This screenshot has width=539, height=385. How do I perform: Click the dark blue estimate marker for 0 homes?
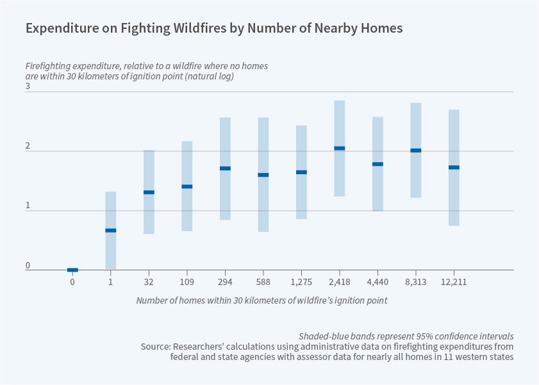tap(72, 270)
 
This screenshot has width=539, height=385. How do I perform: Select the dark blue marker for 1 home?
tap(111, 230)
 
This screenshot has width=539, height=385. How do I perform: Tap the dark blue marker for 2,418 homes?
tap(340, 148)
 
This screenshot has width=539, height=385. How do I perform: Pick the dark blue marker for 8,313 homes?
tap(416, 151)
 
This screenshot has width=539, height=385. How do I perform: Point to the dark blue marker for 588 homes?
tap(263, 175)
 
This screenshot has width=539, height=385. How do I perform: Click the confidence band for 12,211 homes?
tap(454, 192)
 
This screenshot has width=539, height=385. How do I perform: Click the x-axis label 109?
tap(187, 282)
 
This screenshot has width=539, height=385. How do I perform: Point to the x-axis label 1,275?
tap(301, 282)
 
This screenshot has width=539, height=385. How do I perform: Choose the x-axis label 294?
tap(225, 282)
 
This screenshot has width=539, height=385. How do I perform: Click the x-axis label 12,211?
tap(454, 282)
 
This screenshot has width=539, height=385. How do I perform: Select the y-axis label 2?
tap(28, 145)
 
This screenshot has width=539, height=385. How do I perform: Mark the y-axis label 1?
tap(28, 205)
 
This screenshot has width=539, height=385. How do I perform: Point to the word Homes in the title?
tap(383, 28)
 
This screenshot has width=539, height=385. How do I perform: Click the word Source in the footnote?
tap(156, 347)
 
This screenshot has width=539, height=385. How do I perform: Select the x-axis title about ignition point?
tap(261, 300)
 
